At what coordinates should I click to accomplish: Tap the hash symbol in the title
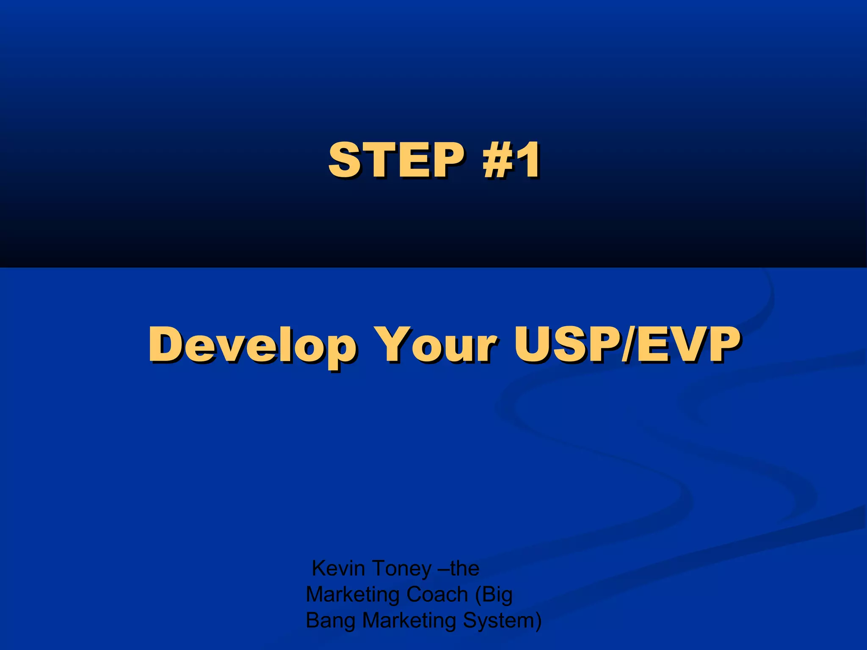tap(496, 160)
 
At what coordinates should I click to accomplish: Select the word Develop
tap(252, 345)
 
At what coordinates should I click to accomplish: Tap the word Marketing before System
tap(409, 621)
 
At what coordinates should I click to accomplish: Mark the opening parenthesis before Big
tap(478, 595)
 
